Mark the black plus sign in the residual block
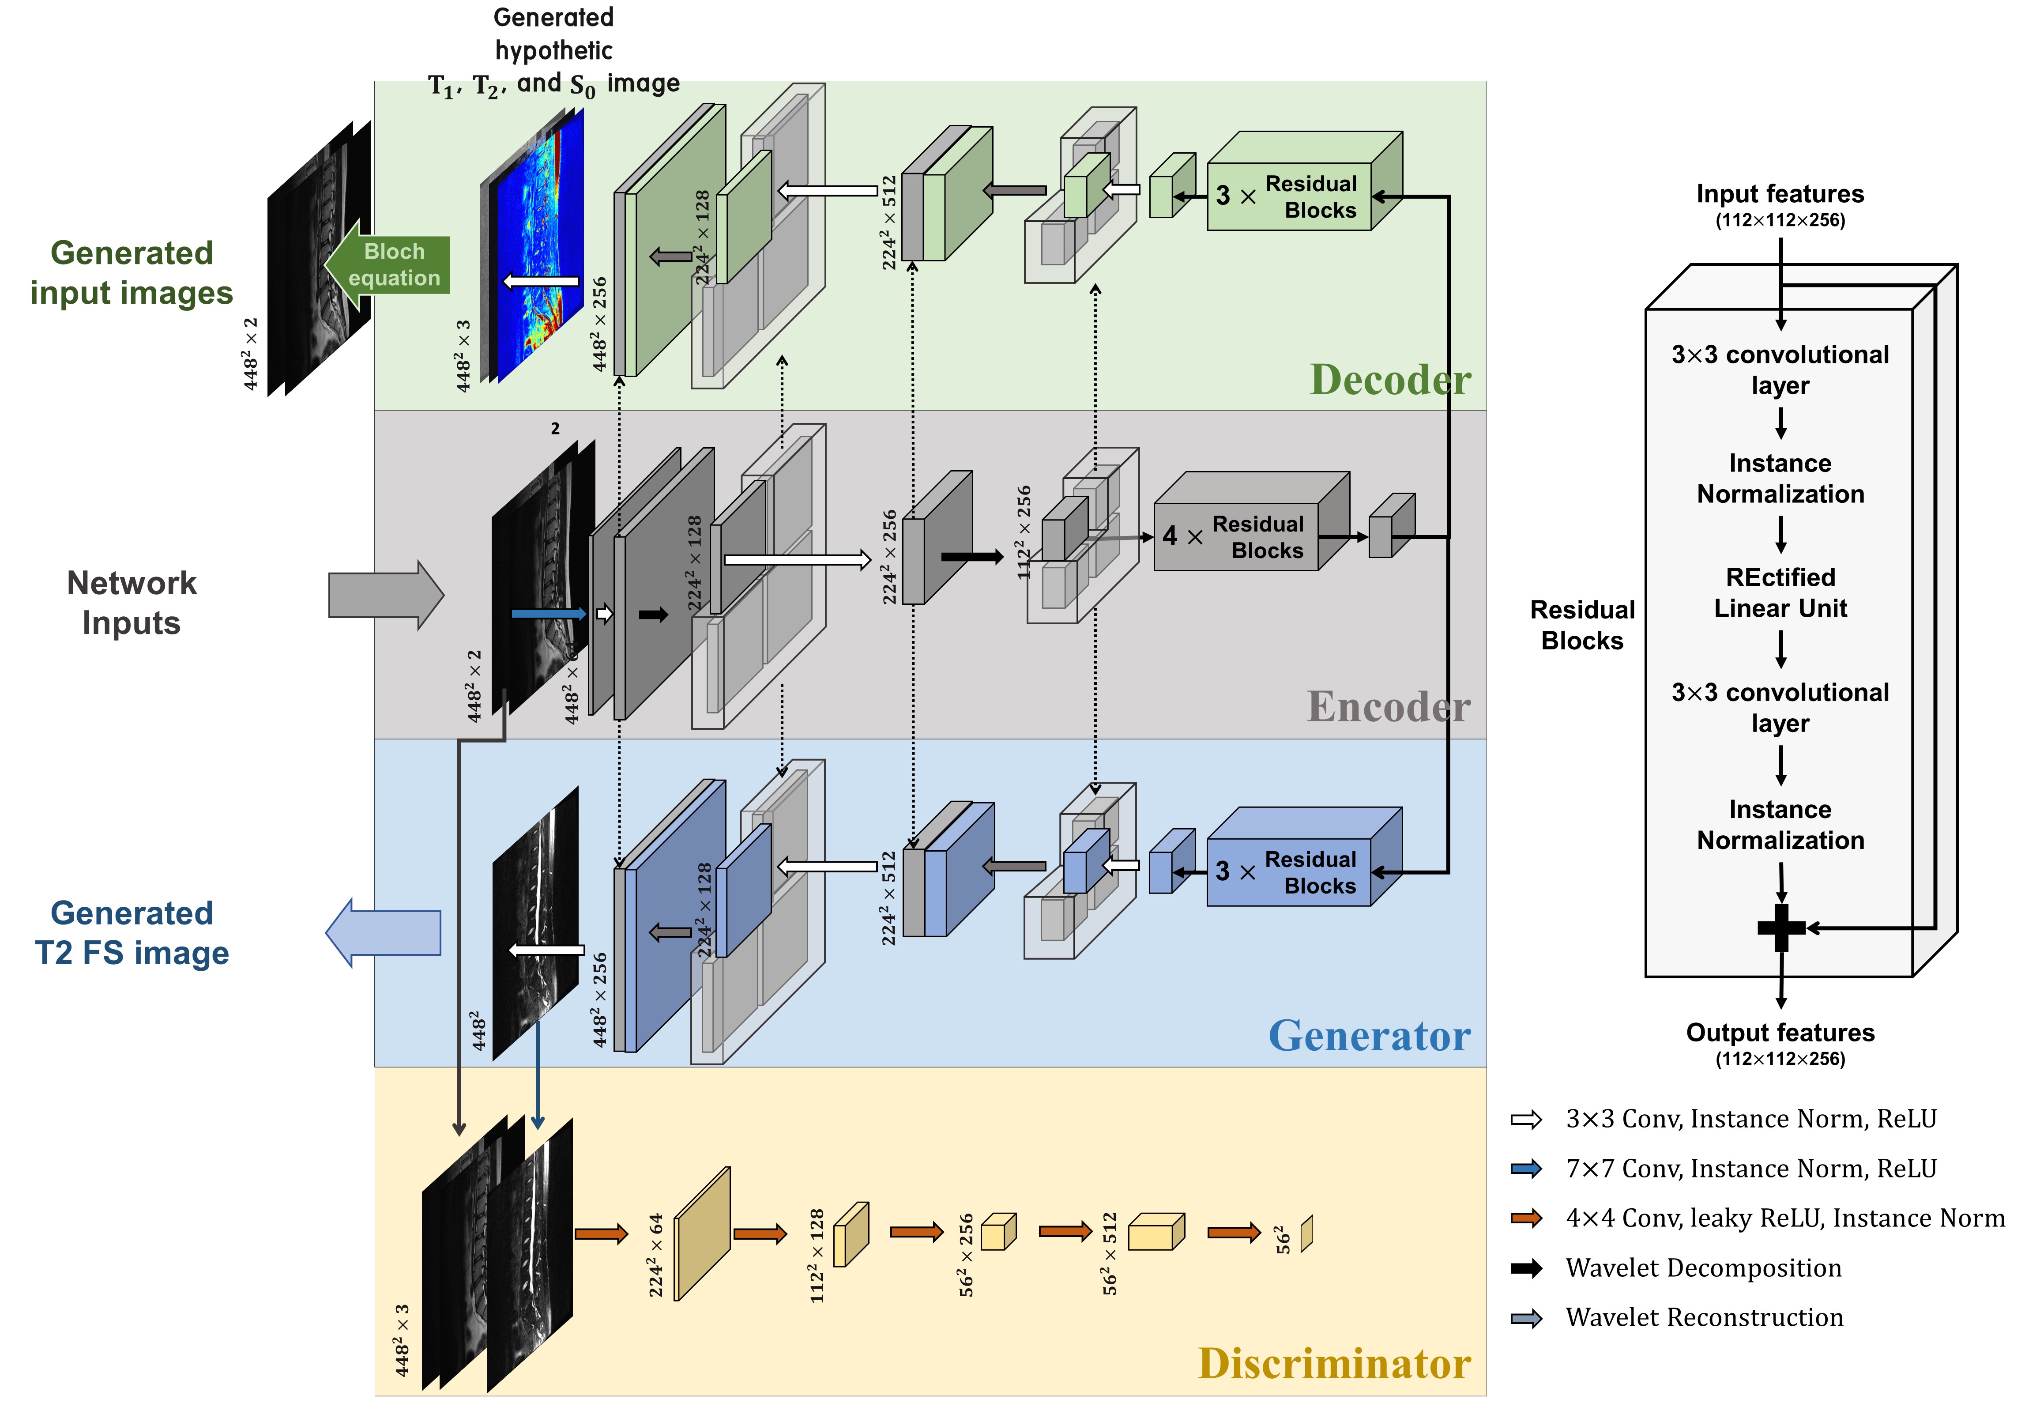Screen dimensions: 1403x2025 1780,928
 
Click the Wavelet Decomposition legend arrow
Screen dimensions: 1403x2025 1527,1267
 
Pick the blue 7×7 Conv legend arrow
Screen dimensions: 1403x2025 1527,1168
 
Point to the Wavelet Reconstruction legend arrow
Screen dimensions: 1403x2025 1527,1318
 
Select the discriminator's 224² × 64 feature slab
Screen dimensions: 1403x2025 702,1233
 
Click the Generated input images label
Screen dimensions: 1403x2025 132,272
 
